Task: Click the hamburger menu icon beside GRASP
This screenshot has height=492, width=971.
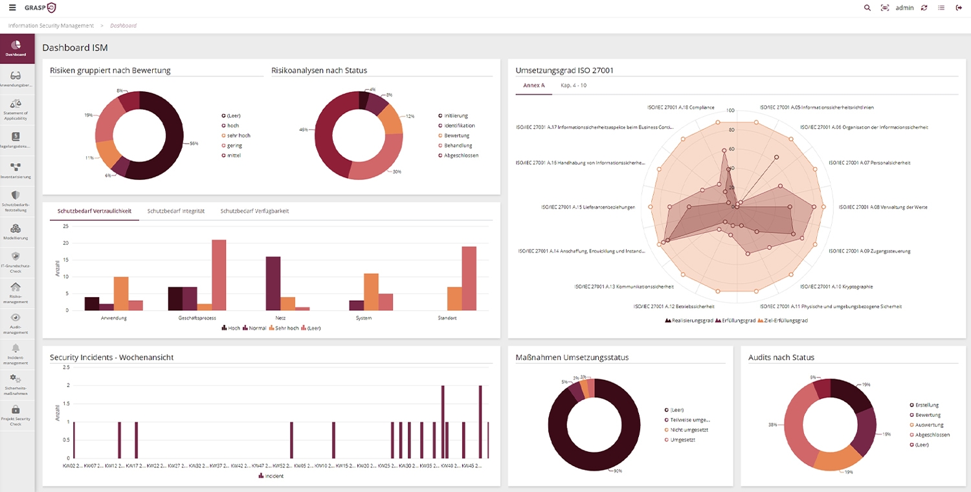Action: [x=12, y=8]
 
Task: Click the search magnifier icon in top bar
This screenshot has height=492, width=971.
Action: [x=867, y=8]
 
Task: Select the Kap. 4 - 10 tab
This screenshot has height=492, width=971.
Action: [x=573, y=85]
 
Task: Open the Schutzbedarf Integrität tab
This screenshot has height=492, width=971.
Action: [x=175, y=211]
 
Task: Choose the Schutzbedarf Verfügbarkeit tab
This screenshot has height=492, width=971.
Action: [x=254, y=211]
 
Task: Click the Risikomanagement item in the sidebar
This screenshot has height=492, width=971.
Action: [x=16, y=291]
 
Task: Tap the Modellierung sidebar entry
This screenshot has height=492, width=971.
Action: [x=16, y=232]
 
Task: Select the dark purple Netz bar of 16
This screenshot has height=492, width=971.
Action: [x=273, y=284]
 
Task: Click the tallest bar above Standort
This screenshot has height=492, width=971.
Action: [x=469, y=278]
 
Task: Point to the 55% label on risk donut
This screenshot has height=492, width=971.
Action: [x=194, y=143]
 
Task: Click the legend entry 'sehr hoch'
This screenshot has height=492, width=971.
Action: [x=238, y=135]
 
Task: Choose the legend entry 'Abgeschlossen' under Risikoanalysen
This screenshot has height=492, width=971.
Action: [x=461, y=155]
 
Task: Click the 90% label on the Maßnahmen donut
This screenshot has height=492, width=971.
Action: [x=618, y=471]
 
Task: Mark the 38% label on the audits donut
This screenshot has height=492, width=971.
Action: [x=772, y=425]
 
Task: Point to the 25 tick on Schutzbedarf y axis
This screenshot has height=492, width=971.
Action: [x=65, y=227]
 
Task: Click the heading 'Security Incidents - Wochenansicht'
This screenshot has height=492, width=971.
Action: [x=111, y=357]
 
